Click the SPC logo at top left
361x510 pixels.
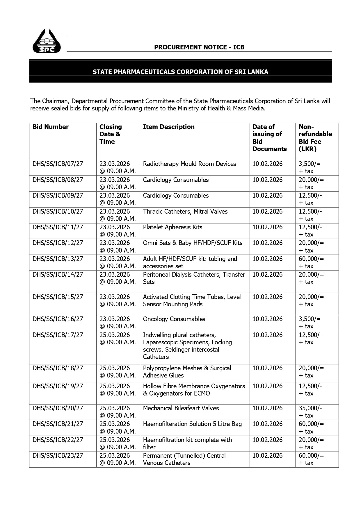tap(47, 42)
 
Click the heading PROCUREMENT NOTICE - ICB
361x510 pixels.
tap(199, 47)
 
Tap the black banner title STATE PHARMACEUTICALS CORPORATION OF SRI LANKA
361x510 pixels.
tap(180, 72)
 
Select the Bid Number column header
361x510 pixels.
tap(51, 127)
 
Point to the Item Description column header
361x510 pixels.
tap(169, 127)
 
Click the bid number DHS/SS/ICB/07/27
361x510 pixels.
tap(58, 164)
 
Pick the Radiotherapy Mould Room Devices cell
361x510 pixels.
tap(189, 164)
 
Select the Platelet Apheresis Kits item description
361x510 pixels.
tap(173, 227)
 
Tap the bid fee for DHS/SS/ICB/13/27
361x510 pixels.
tap(311, 262)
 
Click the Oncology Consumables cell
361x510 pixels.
tap(174, 319)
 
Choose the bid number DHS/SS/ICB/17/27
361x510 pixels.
tap(58, 335)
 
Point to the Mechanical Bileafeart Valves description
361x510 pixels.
tap(181, 408)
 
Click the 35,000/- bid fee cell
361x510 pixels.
tap(310, 412)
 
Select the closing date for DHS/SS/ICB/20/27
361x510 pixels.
tap(118, 412)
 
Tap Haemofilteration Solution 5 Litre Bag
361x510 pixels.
tap(192, 424)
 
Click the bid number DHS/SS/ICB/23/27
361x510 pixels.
tap(58, 456)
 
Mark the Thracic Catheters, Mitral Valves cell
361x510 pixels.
tap(185, 212)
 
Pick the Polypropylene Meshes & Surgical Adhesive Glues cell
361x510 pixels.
tap(187, 372)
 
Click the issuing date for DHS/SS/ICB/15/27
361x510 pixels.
tap(267, 297)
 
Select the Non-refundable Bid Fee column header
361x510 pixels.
tap(315, 138)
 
